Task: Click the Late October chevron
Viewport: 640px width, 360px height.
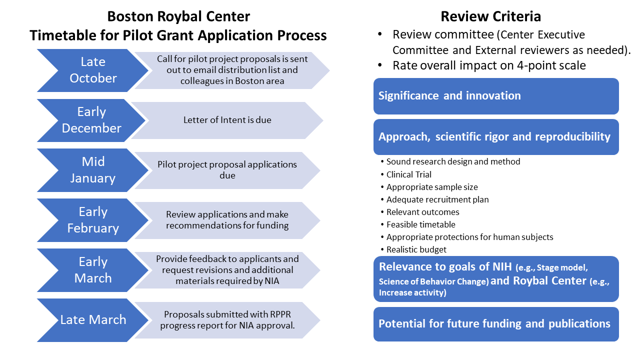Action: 93,70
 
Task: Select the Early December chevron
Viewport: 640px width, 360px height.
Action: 91,120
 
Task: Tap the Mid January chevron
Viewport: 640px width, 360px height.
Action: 93,170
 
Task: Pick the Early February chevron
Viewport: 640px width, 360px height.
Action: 93,220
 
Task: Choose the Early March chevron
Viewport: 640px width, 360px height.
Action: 93,270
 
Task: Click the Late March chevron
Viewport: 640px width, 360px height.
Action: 93,320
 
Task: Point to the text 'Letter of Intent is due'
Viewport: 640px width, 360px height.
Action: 227,120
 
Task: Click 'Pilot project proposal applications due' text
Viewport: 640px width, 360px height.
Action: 227,170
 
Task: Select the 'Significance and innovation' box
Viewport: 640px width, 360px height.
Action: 495,96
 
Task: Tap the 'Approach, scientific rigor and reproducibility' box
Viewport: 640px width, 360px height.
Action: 495,137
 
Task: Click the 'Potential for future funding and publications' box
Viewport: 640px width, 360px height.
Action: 495,324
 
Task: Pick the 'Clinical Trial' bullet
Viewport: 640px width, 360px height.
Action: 408,174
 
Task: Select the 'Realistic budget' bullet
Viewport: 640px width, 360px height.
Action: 416,249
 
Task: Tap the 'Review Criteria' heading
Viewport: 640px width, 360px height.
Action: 490,16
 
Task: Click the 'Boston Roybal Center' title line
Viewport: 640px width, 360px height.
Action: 178,16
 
